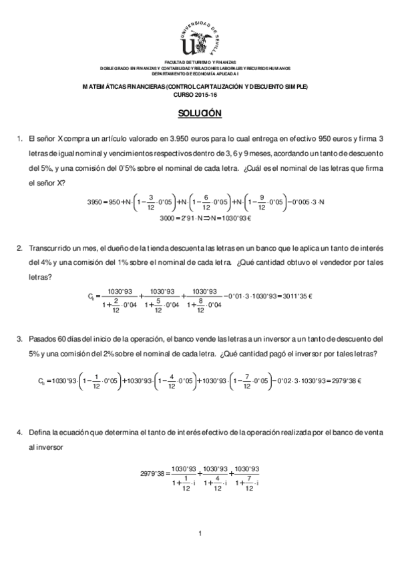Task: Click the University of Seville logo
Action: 200,37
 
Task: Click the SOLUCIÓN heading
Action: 200,113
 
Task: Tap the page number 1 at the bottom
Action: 200,532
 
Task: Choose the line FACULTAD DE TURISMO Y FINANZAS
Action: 200,61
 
